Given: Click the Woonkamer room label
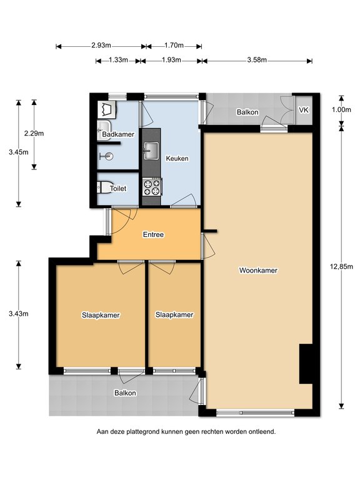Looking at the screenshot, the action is [x=258, y=270].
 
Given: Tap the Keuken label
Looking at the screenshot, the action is [x=177, y=158].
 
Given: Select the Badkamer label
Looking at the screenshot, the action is [x=118, y=134].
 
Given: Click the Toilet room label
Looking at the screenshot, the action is [x=118, y=189].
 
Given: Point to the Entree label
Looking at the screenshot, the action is [x=153, y=234].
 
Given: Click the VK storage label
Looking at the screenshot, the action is [x=304, y=110].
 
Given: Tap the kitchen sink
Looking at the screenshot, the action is [x=151, y=151].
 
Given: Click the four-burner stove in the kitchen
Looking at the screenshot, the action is [x=152, y=187].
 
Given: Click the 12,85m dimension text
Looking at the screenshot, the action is [x=341, y=266].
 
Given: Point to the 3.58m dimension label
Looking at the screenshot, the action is [x=257, y=60].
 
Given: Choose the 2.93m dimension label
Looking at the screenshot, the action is [x=101, y=45].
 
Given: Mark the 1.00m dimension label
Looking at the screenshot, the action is [x=341, y=109].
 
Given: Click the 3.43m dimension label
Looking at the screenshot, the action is [x=19, y=314].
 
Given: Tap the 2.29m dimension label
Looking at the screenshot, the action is [x=34, y=133].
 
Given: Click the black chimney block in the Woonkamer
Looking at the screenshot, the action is [x=306, y=364].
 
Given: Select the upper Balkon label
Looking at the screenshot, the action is [x=247, y=112].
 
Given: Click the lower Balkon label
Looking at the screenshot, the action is [x=125, y=392].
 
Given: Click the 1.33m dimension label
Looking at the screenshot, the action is [x=118, y=60].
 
